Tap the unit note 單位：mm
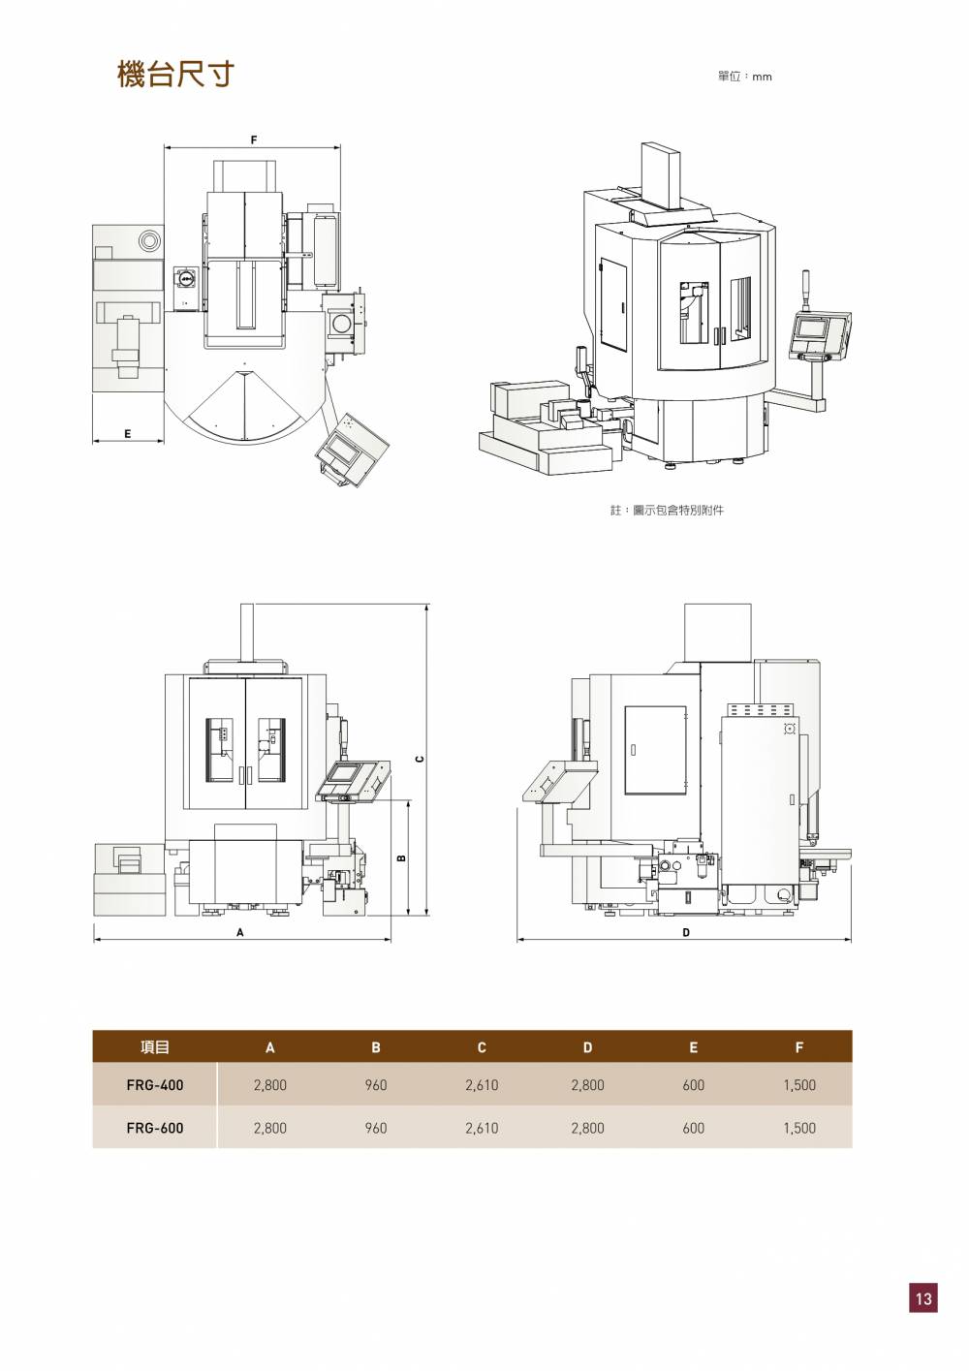pos(745,77)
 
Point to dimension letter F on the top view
pos(254,140)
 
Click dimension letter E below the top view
pos(127,434)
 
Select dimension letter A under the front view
pos(240,933)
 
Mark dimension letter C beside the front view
pos(420,759)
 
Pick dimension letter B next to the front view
pos(401,857)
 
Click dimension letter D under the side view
pos(686,933)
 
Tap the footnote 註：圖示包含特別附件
pos(667,510)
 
